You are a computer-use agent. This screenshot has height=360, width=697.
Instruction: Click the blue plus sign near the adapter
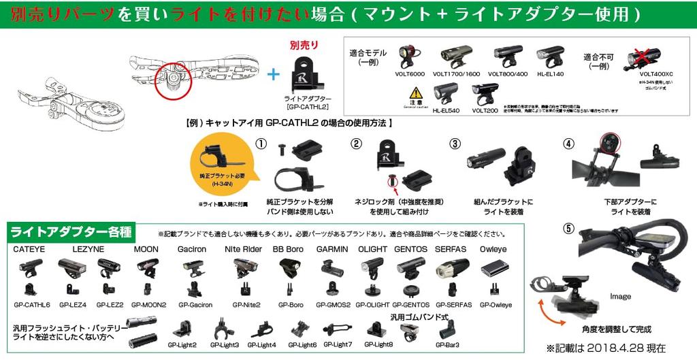click(273, 74)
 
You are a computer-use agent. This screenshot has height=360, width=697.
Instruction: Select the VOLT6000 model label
click(409, 73)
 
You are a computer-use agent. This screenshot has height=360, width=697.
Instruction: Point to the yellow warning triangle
click(415, 94)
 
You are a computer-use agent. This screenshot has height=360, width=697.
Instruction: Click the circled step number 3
click(455, 144)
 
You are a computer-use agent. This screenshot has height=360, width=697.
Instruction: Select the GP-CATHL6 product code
click(32, 305)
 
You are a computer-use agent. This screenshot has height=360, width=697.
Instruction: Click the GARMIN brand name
click(332, 250)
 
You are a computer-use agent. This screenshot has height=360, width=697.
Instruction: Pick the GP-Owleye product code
click(496, 305)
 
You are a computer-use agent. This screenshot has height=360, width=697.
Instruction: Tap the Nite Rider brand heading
click(243, 250)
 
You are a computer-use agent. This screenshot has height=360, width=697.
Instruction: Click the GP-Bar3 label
click(447, 345)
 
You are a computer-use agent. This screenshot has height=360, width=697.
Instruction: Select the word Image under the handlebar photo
click(620, 297)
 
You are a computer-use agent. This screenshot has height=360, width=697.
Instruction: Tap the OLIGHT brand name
click(372, 250)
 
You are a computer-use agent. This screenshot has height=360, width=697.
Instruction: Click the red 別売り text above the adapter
click(304, 45)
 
